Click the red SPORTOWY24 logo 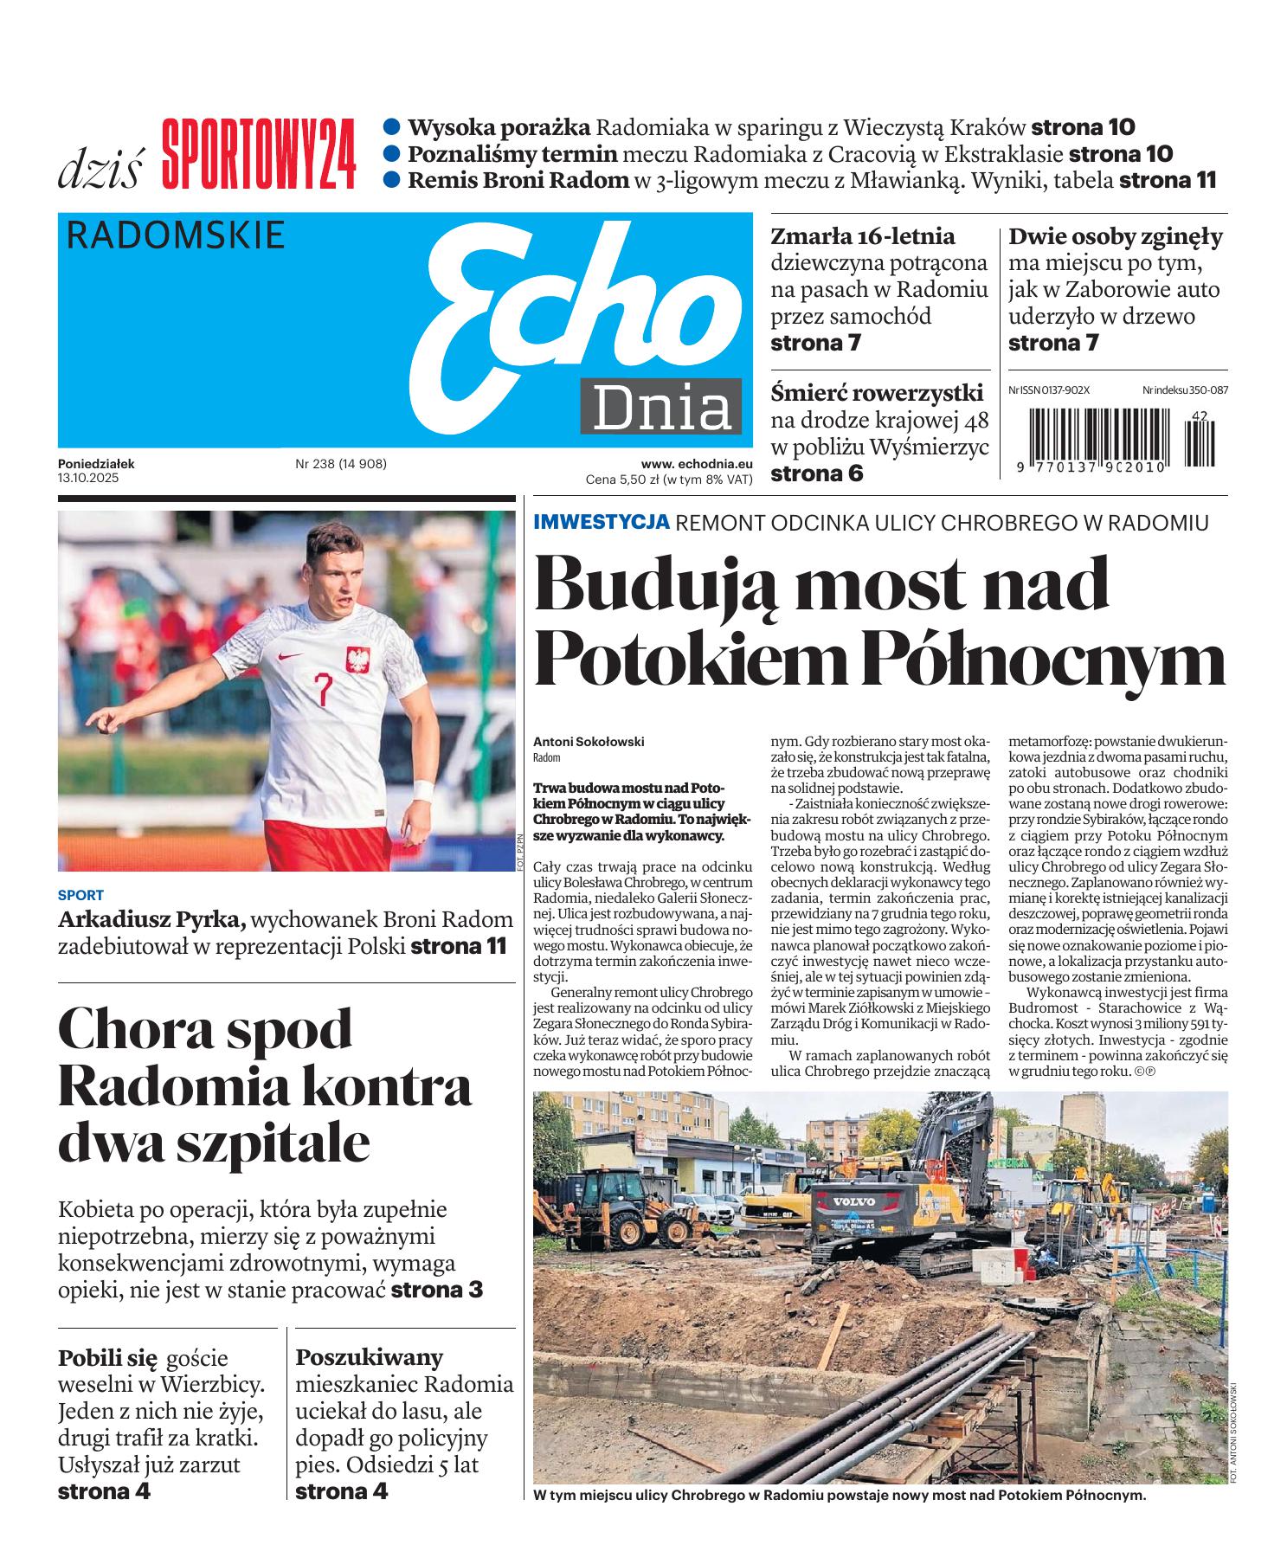[x=259, y=156]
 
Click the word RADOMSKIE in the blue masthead [x=175, y=235]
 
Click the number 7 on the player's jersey [x=323, y=691]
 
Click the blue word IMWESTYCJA [x=602, y=522]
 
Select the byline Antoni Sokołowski [x=589, y=742]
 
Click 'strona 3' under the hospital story [x=436, y=1290]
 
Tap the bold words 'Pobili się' [x=106, y=1356]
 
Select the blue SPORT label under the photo [x=80, y=895]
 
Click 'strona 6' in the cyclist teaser [x=816, y=473]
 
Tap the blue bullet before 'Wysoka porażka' [x=392, y=127]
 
